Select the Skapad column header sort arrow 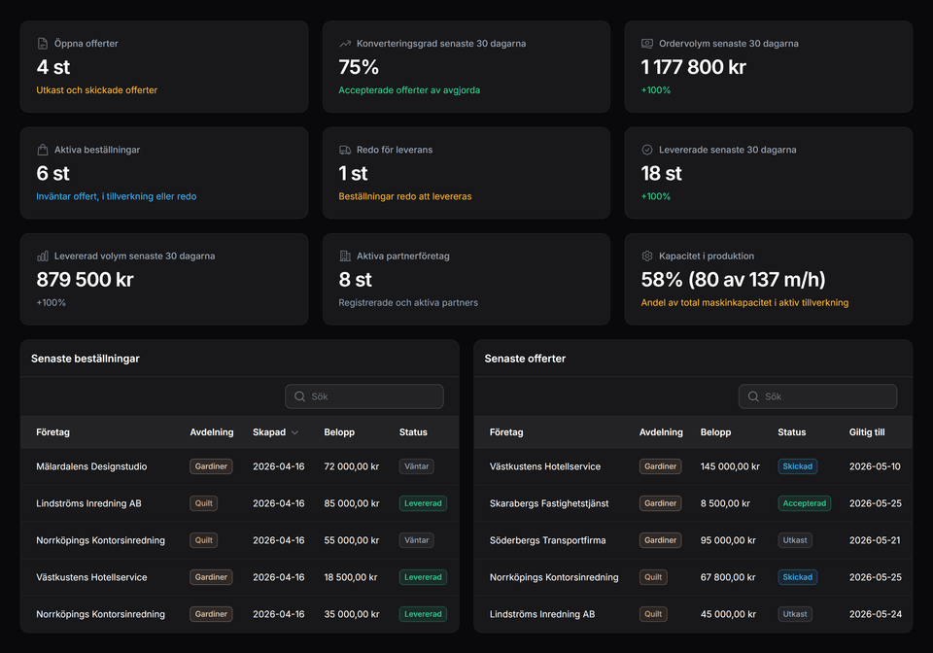coord(294,432)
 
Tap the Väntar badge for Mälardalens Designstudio coord(416,466)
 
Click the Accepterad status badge coord(804,503)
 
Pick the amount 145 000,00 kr coord(730,466)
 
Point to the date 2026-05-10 coord(875,466)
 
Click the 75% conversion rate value coord(359,67)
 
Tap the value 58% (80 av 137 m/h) coord(733,280)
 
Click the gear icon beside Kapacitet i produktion coord(647,257)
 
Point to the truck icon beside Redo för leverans coord(345,150)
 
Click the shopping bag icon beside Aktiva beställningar coord(43,150)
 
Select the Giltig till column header coord(867,432)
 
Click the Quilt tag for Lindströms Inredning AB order coord(203,503)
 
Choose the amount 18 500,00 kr coord(351,577)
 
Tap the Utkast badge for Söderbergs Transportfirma coord(794,540)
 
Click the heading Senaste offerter coord(525,359)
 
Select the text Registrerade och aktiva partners coord(408,302)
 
